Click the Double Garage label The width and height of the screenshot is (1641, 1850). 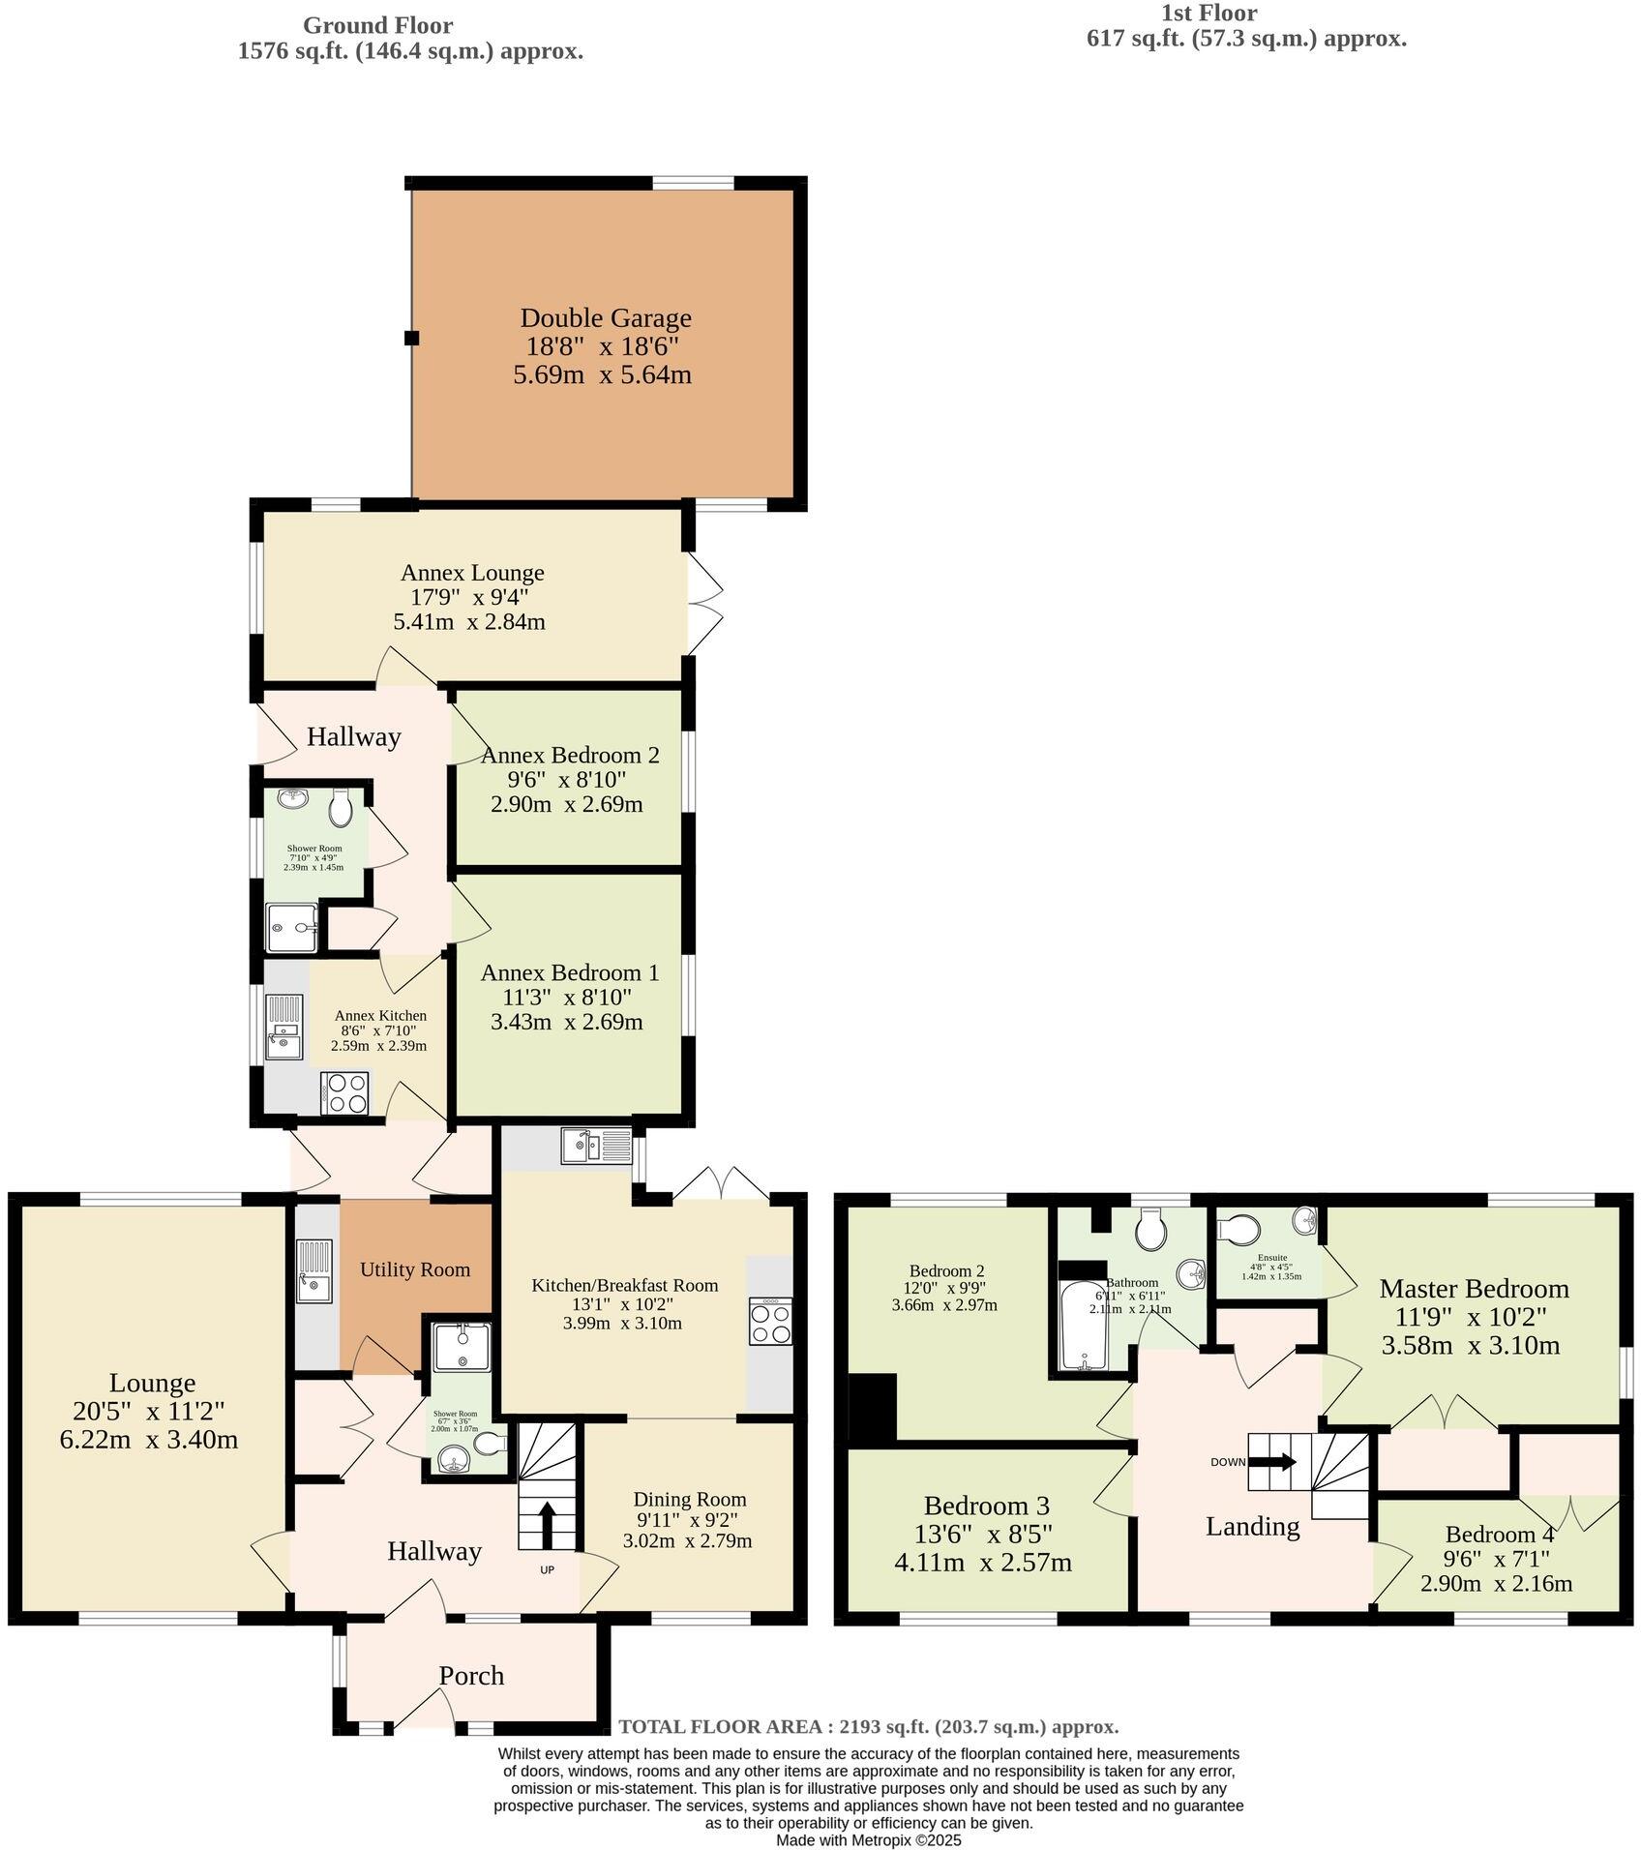point(606,317)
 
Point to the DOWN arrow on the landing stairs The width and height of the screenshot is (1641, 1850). point(1281,1462)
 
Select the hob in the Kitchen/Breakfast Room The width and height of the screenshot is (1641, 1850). point(770,1322)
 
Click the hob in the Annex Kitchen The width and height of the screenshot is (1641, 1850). point(345,1093)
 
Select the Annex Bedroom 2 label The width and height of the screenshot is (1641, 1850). point(570,755)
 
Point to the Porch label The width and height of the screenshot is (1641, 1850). point(471,1675)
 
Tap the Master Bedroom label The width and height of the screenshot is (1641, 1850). point(1474,1289)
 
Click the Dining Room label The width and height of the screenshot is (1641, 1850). point(690,1500)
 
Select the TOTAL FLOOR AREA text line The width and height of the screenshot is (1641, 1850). point(868,1726)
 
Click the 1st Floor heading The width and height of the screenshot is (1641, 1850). point(1209,14)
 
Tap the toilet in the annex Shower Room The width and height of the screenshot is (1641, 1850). point(340,807)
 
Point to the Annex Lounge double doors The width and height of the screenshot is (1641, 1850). point(704,603)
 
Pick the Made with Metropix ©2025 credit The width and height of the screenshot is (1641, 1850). point(868,1840)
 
